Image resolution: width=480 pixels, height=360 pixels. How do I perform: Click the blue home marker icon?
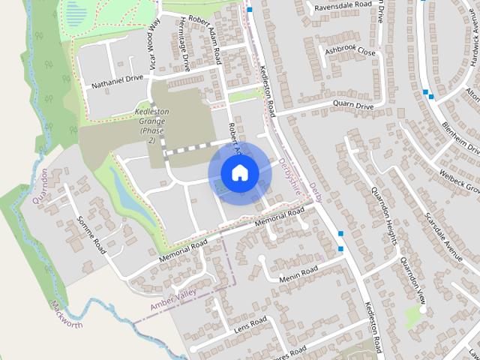239,173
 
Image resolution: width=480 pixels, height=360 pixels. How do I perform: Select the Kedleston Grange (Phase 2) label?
151,125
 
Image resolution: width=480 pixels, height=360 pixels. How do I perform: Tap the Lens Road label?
250,325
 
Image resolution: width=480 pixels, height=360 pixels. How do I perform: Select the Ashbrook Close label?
349,51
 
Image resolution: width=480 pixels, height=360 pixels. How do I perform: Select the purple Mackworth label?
67,314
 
